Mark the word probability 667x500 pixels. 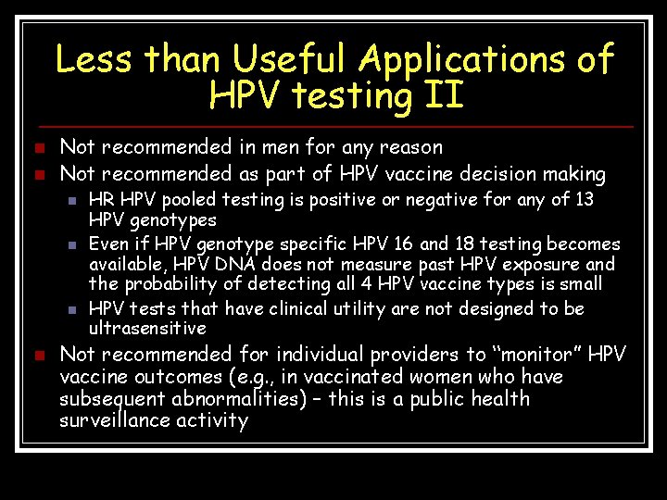(170, 284)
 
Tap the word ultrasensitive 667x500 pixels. (147, 329)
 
